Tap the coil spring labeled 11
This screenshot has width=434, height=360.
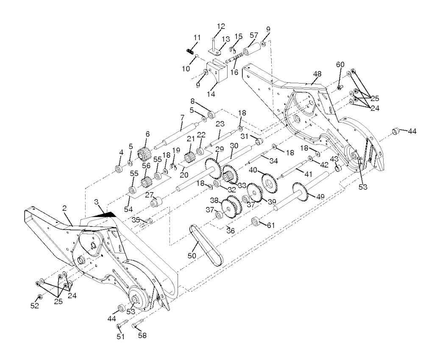pos(190,51)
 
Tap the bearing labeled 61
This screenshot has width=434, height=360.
pos(256,221)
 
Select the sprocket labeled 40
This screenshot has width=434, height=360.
pos(269,181)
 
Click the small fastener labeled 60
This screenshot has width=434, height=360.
pos(340,87)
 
